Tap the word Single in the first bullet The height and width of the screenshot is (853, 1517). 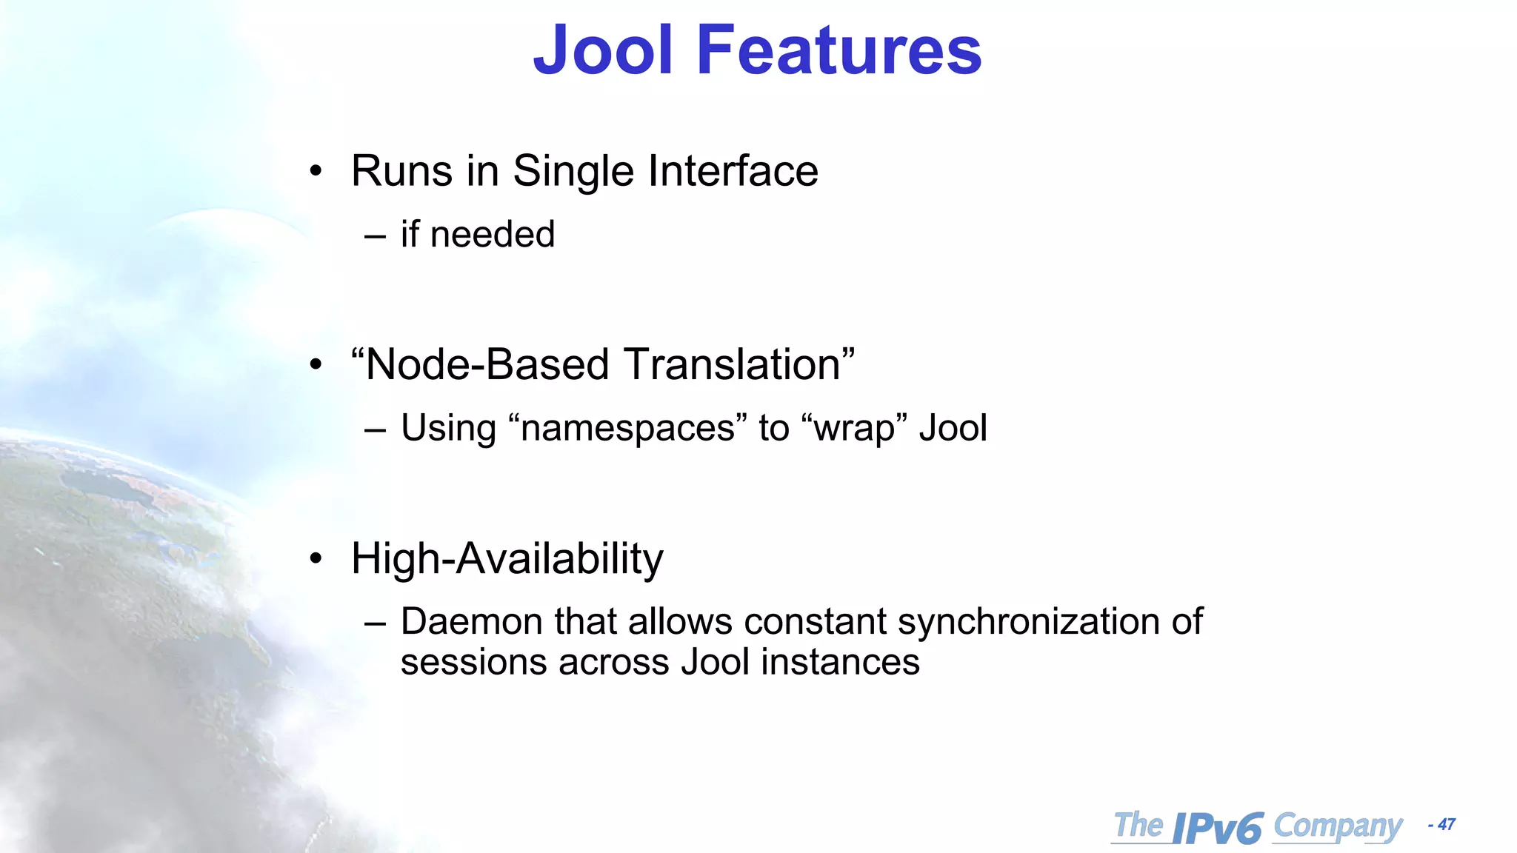click(574, 171)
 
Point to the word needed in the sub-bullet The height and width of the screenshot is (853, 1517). click(492, 235)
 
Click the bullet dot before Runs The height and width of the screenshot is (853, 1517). click(316, 172)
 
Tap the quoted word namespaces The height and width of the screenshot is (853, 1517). click(627, 428)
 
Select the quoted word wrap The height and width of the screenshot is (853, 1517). click(854, 429)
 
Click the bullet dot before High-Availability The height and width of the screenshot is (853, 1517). click(316, 559)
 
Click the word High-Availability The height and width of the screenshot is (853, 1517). click(507, 558)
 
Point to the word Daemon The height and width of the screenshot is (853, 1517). click(472, 621)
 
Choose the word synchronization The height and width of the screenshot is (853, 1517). click(1028, 621)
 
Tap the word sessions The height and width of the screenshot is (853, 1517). click(474, 662)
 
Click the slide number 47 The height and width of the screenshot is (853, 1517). click(1446, 825)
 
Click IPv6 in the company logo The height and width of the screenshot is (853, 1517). click(1218, 828)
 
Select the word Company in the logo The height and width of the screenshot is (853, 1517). click(1338, 826)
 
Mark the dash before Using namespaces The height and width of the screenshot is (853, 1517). click(376, 429)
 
